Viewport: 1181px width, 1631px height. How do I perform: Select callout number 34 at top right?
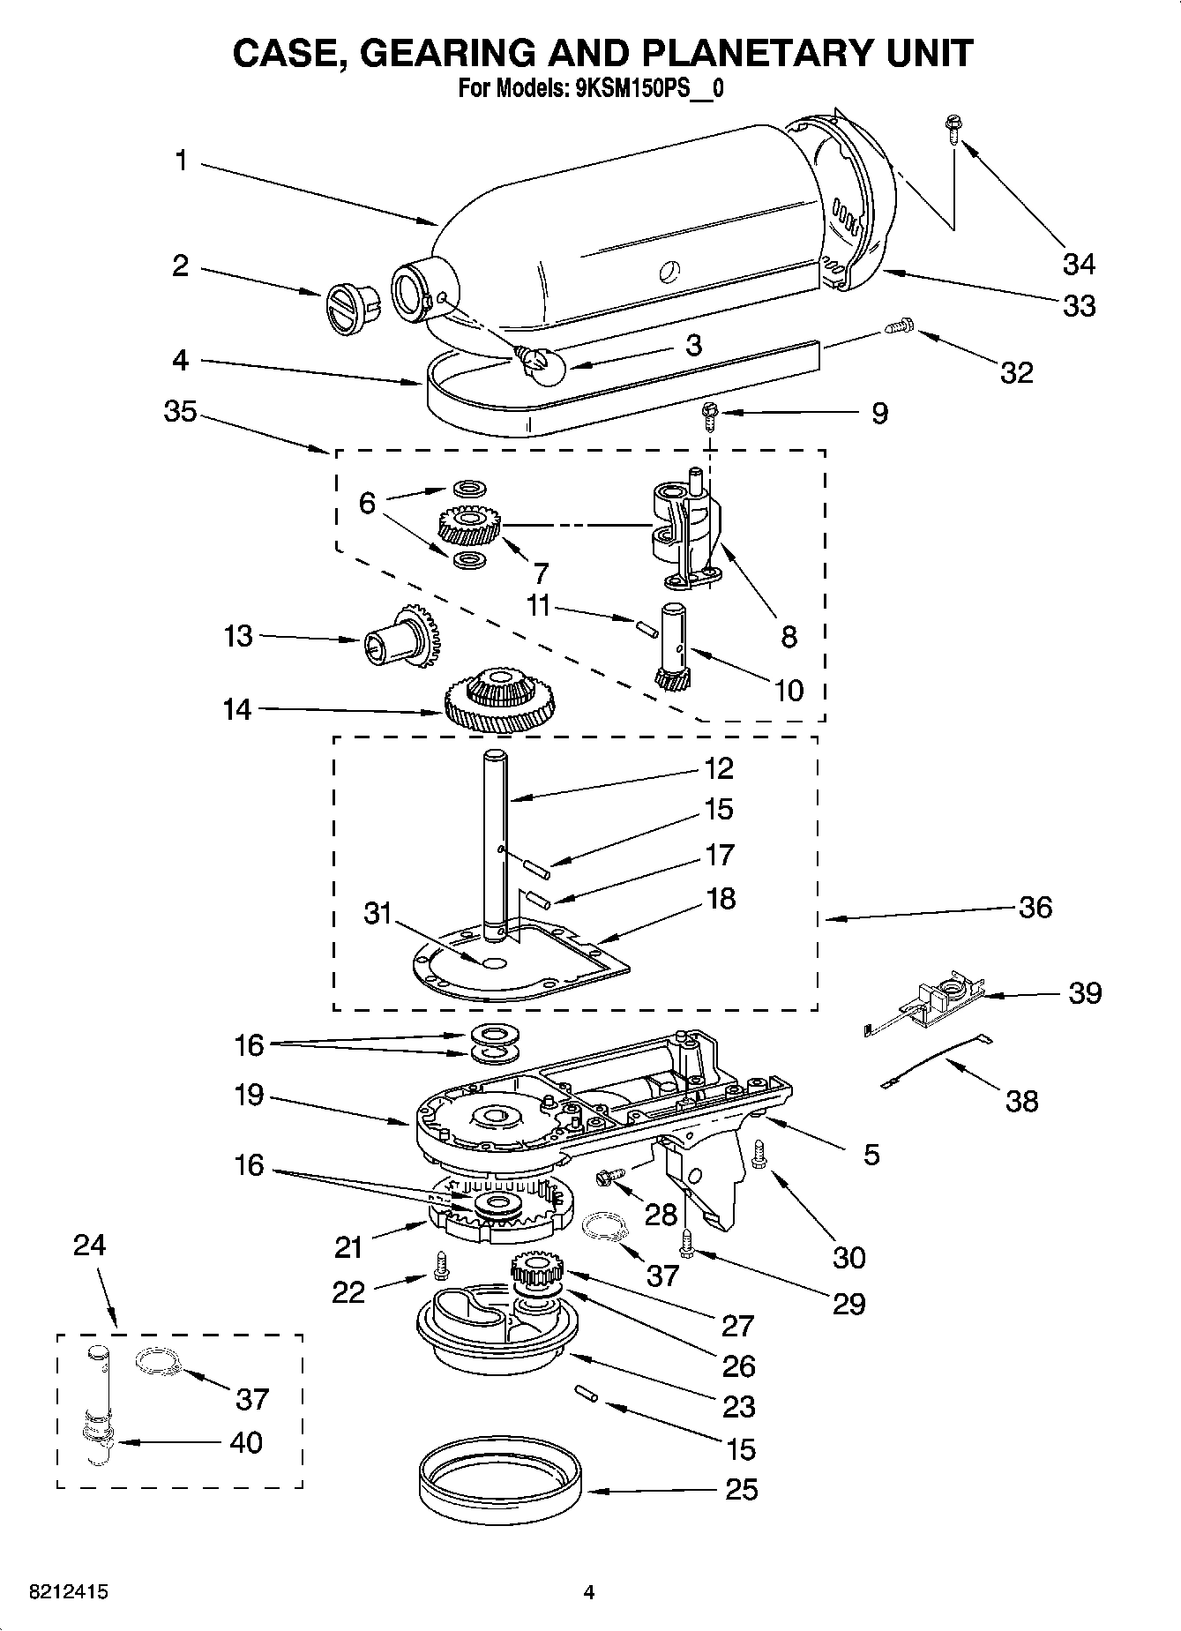(1078, 264)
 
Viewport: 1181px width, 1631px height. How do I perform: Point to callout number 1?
(181, 161)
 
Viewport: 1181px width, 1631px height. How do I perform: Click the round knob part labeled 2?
(349, 309)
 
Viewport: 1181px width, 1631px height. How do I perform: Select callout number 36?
(1035, 907)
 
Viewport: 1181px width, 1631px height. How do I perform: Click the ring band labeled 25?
(498, 1491)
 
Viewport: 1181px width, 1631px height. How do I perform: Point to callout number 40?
(245, 1442)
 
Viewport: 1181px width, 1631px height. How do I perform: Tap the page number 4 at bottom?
(589, 1592)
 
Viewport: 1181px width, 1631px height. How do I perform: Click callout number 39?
(1085, 992)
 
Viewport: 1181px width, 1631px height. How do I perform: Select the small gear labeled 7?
(467, 527)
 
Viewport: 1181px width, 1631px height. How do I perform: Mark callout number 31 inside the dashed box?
(377, 913)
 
